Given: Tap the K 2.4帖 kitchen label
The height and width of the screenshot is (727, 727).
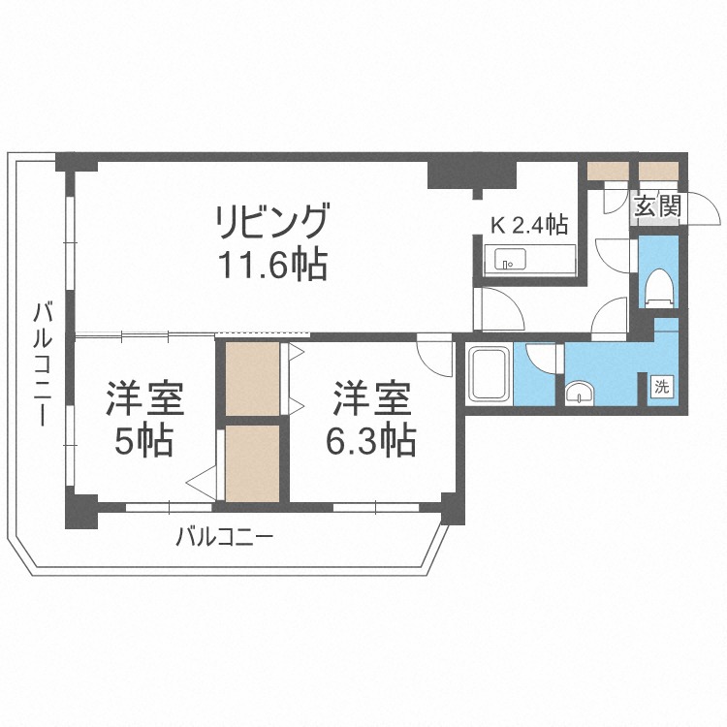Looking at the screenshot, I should tap(528, 225).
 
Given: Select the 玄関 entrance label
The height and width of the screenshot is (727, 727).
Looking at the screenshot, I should tap(658, 205).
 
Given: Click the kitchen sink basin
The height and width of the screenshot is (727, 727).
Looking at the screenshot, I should tap(509, 260).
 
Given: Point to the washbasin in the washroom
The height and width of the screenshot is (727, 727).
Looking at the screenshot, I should tap(581, 393).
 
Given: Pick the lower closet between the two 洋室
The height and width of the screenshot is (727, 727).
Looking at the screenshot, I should tap(251, 463).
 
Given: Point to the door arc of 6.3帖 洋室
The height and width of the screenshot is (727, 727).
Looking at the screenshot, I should tap(438, 357).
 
